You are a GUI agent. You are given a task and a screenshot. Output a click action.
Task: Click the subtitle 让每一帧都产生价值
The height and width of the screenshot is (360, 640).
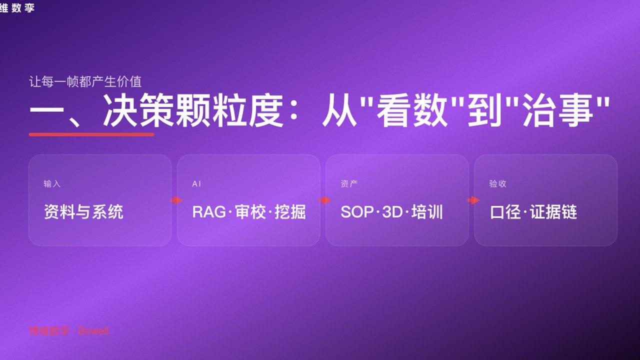point(85,81)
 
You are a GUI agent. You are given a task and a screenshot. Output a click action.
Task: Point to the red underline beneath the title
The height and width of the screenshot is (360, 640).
point(91,134)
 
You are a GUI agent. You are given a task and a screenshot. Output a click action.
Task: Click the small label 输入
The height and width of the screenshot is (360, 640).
point(52,184)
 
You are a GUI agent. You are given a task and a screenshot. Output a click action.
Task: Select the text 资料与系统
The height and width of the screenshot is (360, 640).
point(83,212)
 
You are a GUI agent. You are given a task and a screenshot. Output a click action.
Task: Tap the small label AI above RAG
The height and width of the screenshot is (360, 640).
point(196,184)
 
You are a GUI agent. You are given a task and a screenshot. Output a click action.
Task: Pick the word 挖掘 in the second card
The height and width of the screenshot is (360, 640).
point(290,212)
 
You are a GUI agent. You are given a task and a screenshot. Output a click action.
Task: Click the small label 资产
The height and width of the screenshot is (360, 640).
point(349,184)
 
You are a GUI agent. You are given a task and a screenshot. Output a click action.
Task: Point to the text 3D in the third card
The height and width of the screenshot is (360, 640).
point(392,212)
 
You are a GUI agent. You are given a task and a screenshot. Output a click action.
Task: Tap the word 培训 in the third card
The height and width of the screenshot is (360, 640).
point(427,212)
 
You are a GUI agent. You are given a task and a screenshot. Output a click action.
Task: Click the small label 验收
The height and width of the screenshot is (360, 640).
point(497,184)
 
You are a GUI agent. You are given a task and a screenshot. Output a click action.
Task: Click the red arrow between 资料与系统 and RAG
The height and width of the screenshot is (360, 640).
point(175,200)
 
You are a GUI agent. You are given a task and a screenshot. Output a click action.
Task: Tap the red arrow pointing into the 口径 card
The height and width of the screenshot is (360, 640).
point(472,200)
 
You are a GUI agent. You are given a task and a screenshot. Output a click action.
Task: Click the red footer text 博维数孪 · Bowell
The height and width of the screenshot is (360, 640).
point(68,331)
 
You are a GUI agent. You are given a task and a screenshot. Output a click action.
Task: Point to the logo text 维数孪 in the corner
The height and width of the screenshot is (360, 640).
point(17,7)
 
